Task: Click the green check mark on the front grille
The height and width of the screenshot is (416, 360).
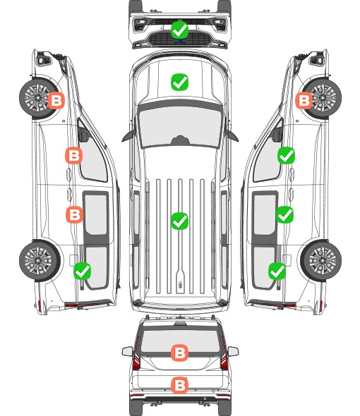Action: click(x=179, y=30)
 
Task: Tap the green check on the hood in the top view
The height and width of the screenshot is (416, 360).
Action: click(x=179, y=82)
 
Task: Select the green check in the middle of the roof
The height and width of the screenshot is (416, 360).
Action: click(x=179, y=221)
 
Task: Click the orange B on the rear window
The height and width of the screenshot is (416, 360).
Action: click(x=179, y=353)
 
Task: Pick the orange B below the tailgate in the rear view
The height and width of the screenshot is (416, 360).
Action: click(x=179, y=385)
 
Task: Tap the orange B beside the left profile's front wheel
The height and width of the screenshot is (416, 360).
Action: click(x=56, y=100)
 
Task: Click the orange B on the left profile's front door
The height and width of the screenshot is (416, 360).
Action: click(x=74, y=155)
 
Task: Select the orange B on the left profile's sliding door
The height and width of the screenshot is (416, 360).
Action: click(x=74, y=214)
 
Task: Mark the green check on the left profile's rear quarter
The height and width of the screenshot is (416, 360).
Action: click(x=83, y=271)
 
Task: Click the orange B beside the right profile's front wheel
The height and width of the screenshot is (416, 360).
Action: click(x=304, y=100)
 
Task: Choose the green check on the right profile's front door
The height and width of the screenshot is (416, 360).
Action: click(x=286, y=155)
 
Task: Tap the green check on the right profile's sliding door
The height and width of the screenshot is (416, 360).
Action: click(x=284, y=214)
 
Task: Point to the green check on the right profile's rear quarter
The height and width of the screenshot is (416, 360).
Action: click(x=277, y=271)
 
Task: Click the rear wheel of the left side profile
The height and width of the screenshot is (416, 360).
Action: click(x=40, y=261)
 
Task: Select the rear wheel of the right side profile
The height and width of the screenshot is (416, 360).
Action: click(x=321, y=261)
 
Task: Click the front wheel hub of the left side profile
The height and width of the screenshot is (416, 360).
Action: click(x=37, y=97)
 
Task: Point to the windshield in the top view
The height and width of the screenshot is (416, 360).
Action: click(x=180, y=126)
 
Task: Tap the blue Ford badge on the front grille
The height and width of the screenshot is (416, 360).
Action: click(x=180, y=41)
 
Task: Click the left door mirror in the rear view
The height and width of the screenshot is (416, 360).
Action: click(x=127, y=351)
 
